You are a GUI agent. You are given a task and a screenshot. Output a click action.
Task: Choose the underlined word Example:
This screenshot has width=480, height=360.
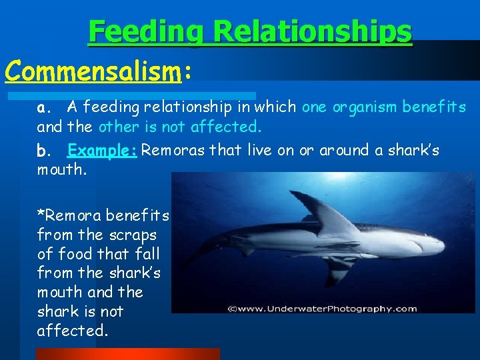(102, 150)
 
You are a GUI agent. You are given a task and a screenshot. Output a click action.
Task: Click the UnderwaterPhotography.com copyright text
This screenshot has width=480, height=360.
(322, 308)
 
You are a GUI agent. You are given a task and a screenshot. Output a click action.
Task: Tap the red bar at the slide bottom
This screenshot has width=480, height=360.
(127, 353)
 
